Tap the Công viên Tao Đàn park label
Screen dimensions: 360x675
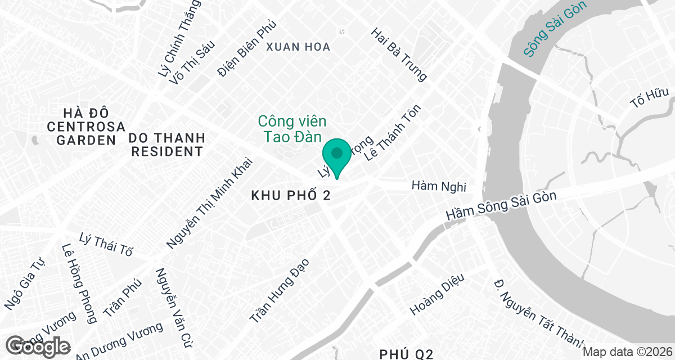click(x=292, y=129)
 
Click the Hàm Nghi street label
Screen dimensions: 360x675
click(x=440, y=185)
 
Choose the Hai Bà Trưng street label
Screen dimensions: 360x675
click(x=399, y=54)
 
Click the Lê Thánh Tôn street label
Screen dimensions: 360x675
click(x=393, y=132)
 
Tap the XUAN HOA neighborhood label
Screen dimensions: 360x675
click(x=299, y=47)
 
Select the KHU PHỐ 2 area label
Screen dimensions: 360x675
click(x=290, y=195)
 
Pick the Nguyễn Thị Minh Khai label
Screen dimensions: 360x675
click(x=210, y=203)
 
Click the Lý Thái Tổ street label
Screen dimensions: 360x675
click(x=106, y=244)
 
